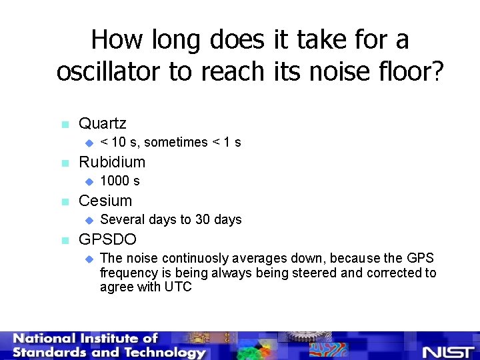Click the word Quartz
tap(102, 123)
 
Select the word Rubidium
tap(111, 162)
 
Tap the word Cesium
tap(105, 201)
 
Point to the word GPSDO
tap(107, 239)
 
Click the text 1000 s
tap(119, 181)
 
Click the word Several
tap(121, 219)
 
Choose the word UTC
tap(178, 287)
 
